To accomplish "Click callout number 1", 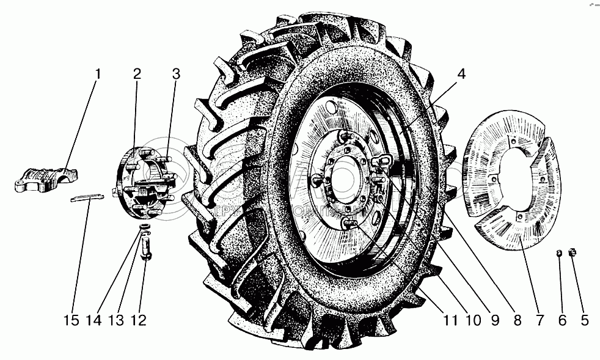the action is pos(98,75).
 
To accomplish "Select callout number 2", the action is pos(137,75).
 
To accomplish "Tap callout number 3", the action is pos(176,75).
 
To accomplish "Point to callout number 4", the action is pos(461,75).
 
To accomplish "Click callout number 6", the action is pos(562,320).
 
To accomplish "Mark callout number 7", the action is pos(540,320).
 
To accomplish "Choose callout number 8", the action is pos(517,320).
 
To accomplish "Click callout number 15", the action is pos(71,320).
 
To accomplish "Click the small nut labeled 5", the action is pos(573,253).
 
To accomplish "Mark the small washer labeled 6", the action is pos(558,253).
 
